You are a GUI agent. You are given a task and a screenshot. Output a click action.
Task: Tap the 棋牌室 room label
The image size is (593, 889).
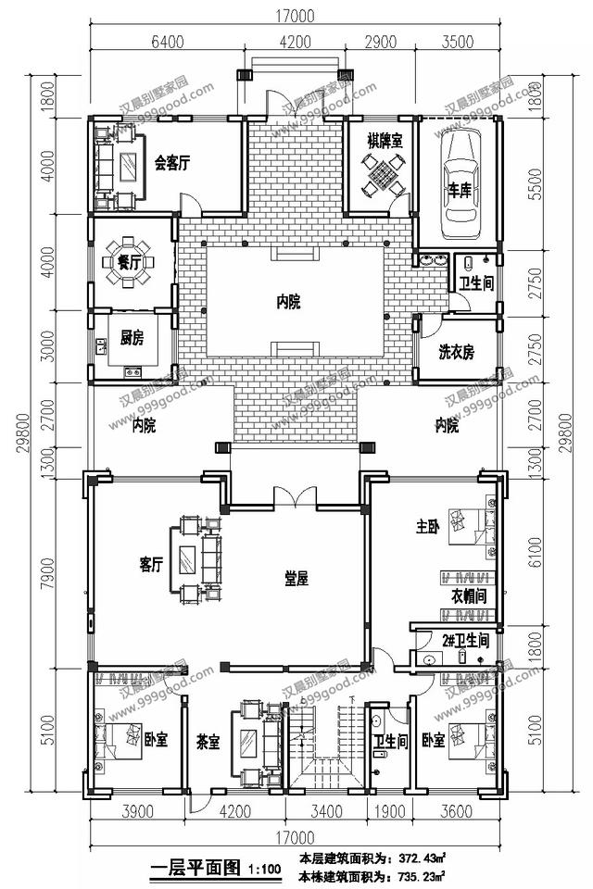coord(384,141)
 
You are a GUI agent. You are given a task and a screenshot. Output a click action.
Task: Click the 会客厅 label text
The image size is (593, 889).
coord(172,164)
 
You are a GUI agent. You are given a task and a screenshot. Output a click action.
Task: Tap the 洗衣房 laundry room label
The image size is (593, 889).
coord(456,352)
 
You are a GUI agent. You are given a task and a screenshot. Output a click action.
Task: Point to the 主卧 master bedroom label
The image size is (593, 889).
coord(427,528)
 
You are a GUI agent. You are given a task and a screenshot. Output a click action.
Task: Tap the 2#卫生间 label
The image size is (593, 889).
coord(464,639)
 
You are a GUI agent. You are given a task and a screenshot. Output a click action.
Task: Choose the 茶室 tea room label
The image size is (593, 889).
coord(208,741)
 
